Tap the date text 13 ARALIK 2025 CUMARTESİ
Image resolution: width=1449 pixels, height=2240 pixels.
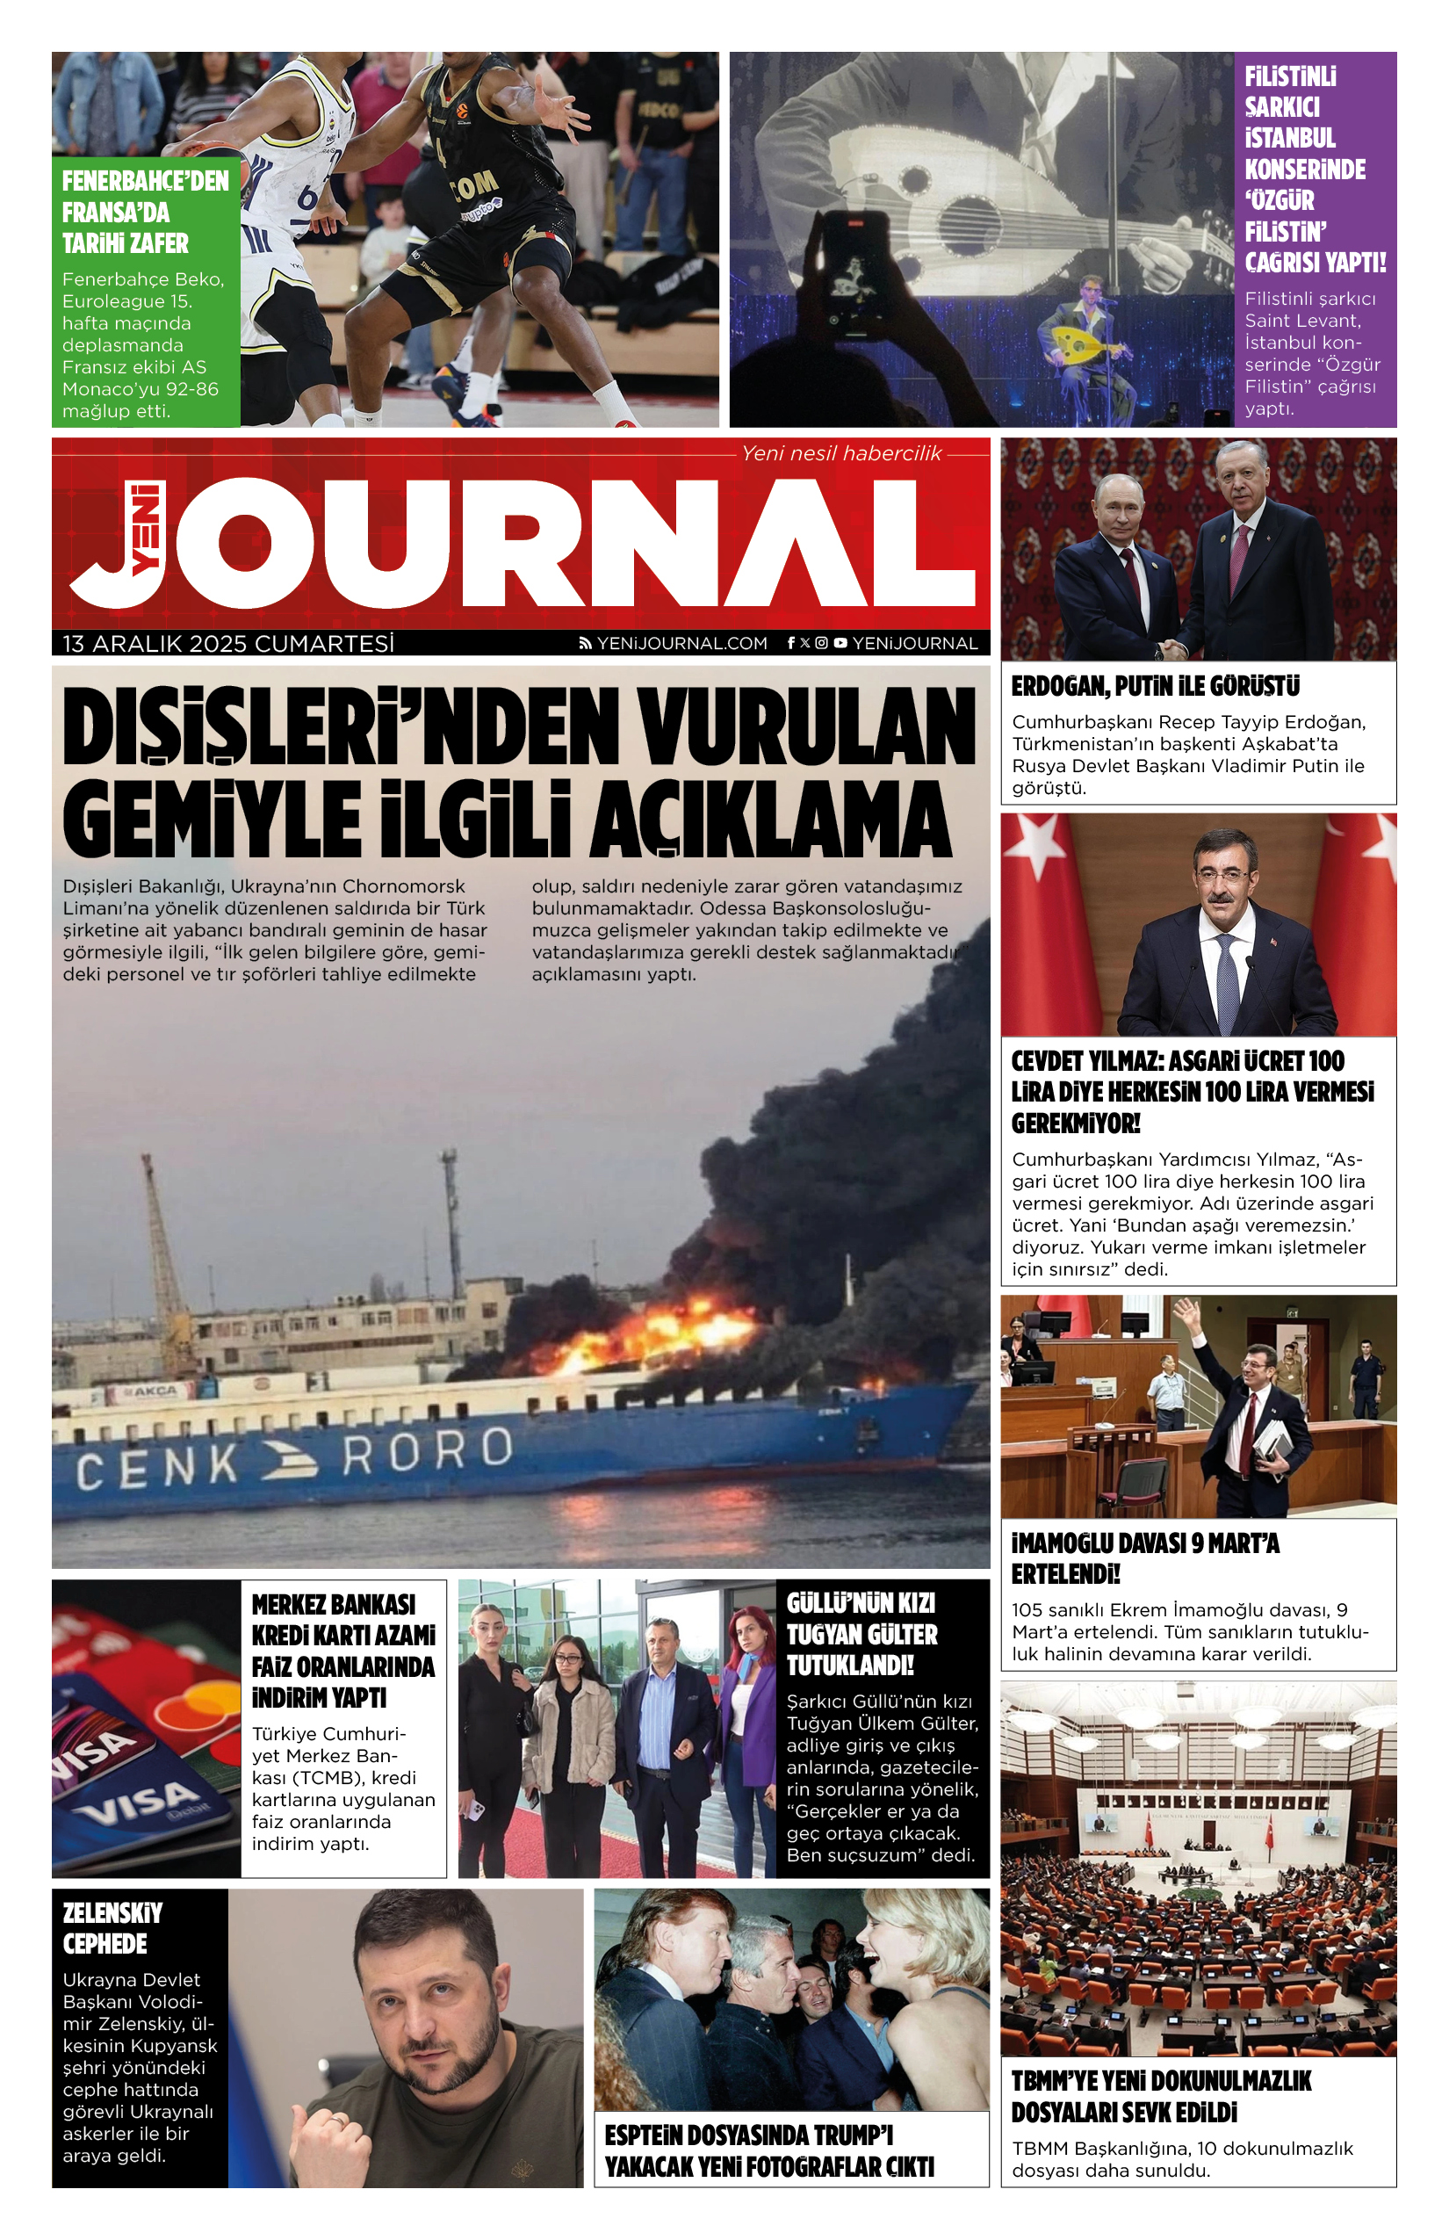228,644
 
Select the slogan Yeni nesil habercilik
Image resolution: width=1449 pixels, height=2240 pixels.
841,453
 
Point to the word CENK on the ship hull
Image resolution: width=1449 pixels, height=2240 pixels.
158,1465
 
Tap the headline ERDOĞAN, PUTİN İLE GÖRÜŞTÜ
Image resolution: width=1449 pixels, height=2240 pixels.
1156,687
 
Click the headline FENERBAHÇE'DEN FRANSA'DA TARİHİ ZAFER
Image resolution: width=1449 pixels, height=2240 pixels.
145,213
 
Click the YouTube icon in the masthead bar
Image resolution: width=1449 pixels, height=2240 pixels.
840,644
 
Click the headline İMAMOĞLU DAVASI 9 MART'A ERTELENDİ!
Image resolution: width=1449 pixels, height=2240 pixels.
1145,1558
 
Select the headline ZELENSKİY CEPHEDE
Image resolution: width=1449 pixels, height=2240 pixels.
112,1928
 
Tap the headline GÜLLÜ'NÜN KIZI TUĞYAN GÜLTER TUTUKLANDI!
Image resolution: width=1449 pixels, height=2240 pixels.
861,1634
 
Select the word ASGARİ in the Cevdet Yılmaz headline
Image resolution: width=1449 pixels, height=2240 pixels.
1210,1062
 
